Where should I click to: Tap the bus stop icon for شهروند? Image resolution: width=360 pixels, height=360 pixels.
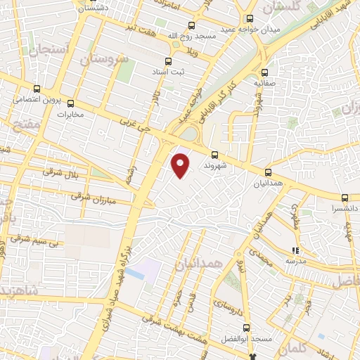[214, 155]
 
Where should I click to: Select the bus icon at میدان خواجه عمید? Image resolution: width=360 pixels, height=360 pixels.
[250, 19]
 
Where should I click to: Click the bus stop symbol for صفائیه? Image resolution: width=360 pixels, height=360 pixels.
[264, 72]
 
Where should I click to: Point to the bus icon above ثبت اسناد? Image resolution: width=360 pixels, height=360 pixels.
[167, 61]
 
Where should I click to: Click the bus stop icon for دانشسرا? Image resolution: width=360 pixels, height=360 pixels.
[345, 198]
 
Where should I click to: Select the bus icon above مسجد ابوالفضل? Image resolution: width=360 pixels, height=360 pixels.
[246, 328]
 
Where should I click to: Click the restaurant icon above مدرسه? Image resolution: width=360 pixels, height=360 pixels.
[296, 250]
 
